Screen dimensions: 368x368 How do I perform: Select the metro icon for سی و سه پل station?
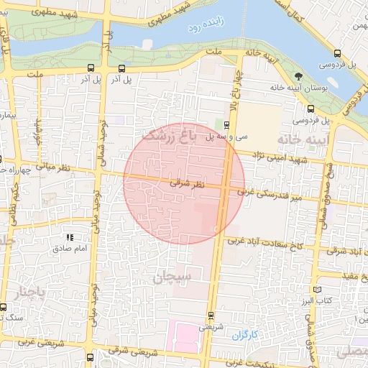pos(226,124)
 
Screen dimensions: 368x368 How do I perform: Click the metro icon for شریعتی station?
pos(210,315)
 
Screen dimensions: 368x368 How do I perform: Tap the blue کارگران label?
pos(244,334)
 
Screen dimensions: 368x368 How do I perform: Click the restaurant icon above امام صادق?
pos(70,237)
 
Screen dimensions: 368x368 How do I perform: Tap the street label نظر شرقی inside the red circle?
pos(187,184)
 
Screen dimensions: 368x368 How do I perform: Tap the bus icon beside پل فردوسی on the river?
pos(338,53)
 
